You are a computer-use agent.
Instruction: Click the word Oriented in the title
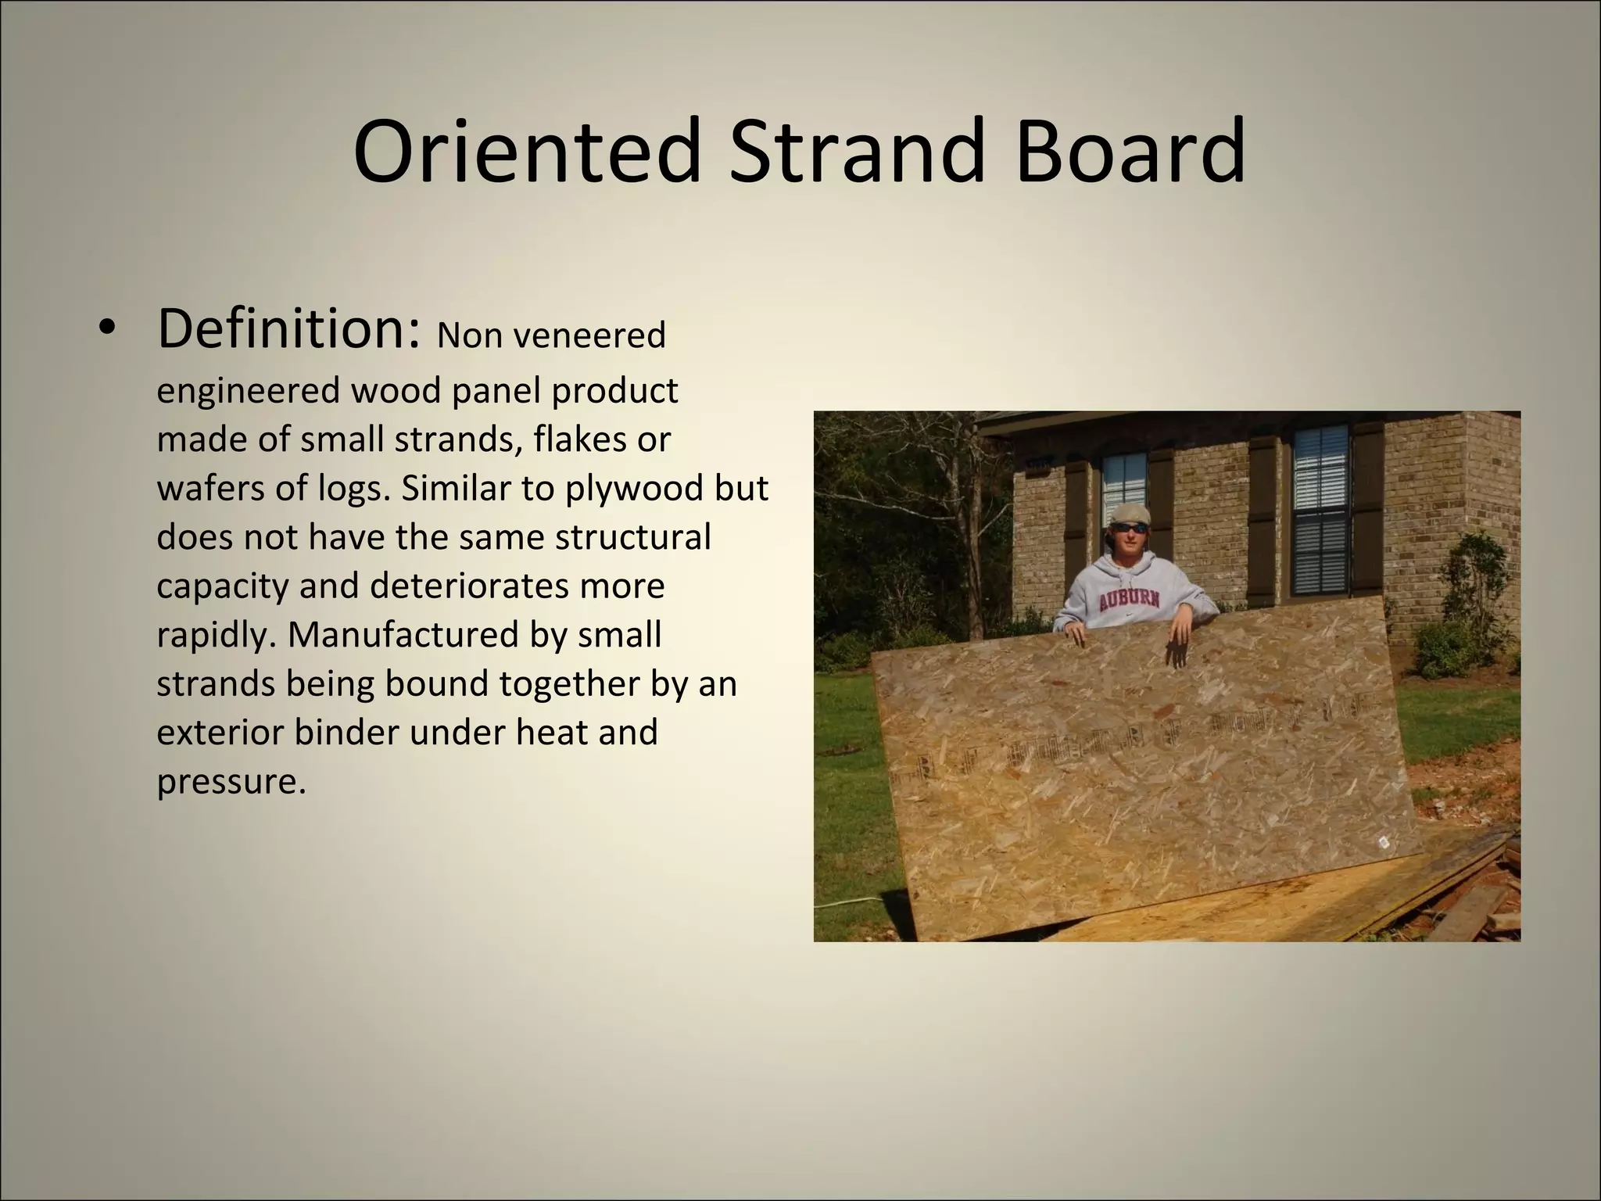coord(525,150)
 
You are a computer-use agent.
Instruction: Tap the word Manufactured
coord(403,634)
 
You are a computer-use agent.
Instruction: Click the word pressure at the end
coord(227,781)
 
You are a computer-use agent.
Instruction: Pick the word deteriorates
coord(517,586)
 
